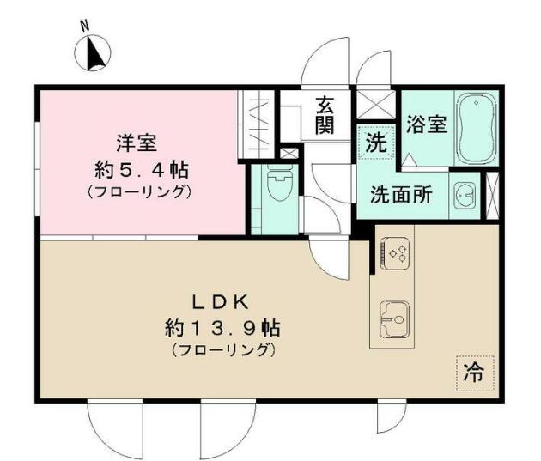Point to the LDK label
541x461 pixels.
(219, 301)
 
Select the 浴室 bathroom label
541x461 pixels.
(426, 124)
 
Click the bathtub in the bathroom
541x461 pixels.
(477, 128)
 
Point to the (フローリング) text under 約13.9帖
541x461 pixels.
(222, 350)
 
